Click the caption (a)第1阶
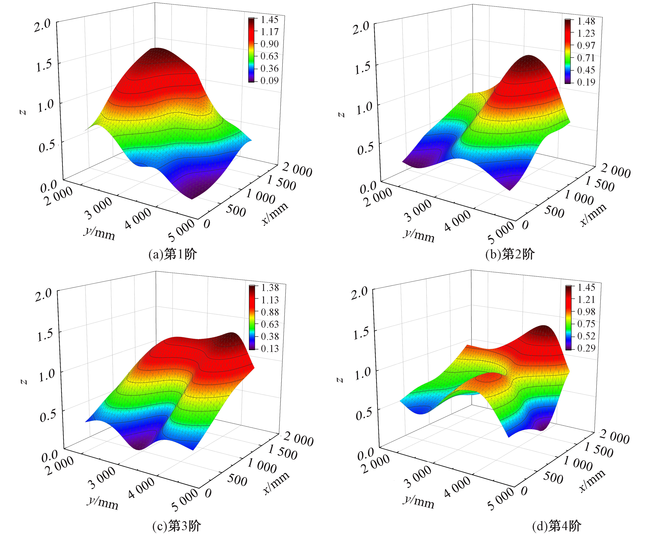tap(172, 254)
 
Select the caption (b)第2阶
tap(510, 254)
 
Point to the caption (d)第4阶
tap(556, 526)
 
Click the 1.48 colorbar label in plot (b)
tap(586, 21)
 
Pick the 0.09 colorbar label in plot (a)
tap(269, 81)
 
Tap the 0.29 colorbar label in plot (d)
tap(586, 348)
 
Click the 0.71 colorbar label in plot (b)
tap(586, 58)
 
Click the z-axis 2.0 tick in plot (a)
tap(42, 26)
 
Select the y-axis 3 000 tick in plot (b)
tap(417, 210)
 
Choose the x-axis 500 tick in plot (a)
tap(236, 210)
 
